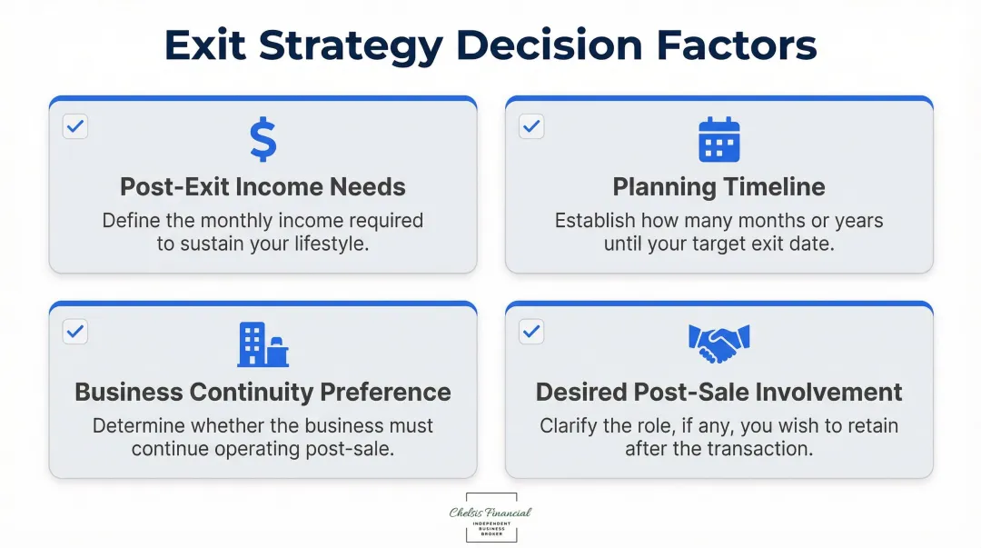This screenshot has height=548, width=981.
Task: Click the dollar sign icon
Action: [263, 140]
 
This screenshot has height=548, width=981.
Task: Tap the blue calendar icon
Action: [719, 140]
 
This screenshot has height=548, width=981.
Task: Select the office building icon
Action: [263, 345]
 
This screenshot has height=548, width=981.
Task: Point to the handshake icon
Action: [719, 343]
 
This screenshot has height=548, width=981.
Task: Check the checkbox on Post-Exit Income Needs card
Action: [75, 126]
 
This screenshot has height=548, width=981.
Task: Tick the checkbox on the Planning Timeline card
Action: [531, 126]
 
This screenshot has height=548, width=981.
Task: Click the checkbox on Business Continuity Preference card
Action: [75, 332]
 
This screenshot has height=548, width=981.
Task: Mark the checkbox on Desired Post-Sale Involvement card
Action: [531, 332]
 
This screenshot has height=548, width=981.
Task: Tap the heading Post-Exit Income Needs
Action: [263, 187]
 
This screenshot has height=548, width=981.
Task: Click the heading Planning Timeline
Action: [719, 187]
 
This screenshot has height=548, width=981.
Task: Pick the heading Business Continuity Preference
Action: [263, 393]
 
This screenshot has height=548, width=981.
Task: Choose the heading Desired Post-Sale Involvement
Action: [719, 393]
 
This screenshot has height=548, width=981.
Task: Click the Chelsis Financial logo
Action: [490, 517]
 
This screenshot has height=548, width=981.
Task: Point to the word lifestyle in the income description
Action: [331, 244]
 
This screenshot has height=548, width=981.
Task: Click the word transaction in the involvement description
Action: [760, 449]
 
